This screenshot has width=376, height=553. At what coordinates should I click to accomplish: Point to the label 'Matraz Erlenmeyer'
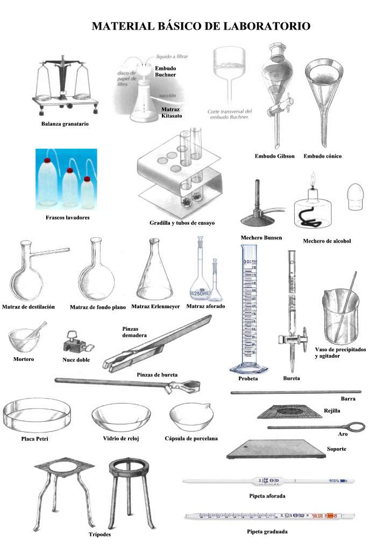154,307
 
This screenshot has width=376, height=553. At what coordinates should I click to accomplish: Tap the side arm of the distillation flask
53,250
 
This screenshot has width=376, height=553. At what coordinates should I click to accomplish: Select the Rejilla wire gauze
285,412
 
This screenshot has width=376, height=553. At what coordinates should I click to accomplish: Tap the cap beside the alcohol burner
356,197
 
